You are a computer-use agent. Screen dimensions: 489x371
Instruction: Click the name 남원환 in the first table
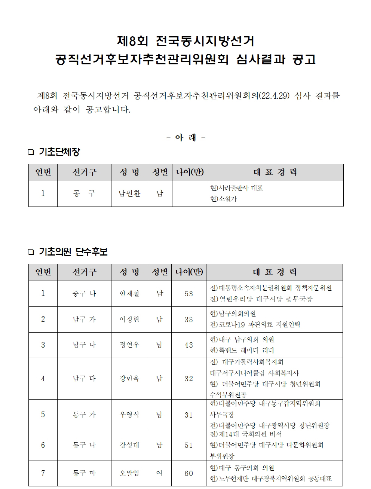(129, 194)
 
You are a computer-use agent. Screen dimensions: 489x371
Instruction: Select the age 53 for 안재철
(189, 294)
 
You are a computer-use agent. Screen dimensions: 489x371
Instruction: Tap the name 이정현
(129, 319)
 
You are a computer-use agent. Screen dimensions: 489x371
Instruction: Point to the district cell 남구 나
(84, 345)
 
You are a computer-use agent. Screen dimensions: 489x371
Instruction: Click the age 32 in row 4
(189, 379)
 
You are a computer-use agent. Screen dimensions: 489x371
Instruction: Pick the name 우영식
(129, 415)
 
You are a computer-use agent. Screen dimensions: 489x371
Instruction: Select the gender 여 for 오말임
(159, 473)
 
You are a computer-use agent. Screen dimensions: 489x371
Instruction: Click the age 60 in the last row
(189, 473)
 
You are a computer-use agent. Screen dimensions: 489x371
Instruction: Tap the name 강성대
(129, 445)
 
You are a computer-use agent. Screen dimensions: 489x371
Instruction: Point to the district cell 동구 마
(84, 473)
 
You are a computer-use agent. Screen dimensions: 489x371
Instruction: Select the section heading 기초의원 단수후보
(73, 252)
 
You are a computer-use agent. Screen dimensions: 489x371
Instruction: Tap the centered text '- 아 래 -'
(185, 138)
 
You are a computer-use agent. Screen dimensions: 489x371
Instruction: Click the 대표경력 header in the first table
(275, 172)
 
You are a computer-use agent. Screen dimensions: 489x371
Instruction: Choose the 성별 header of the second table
(160, 272)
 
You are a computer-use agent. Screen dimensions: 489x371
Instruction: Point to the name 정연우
(129, 345)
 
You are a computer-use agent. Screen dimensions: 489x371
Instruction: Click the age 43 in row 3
(189, 345)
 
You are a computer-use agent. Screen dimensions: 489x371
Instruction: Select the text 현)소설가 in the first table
(224, 199)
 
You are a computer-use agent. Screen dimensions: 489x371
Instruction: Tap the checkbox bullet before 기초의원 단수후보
(31, 253)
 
